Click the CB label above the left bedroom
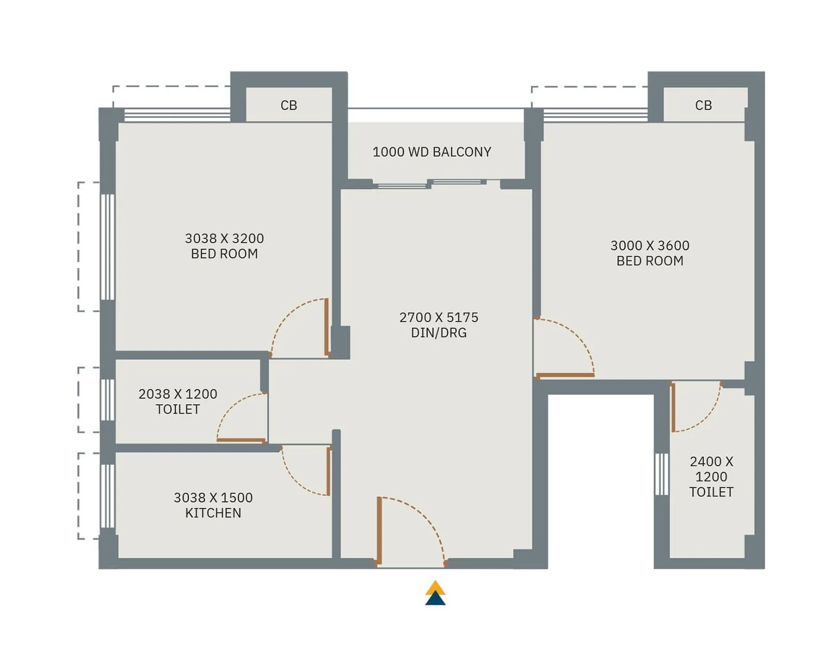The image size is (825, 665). click(289, 105)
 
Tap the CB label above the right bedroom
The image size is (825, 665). click(703, 105)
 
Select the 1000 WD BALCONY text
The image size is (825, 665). click(432, 152)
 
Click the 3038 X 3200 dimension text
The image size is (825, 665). click(224, 238)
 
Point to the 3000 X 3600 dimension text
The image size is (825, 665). click(650, 245)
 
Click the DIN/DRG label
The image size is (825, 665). click(439, 333)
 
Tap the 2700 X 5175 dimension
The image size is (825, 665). click(439, 318)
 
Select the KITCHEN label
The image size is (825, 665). click(213, 513)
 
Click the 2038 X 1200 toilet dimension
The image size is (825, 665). click(178, 394)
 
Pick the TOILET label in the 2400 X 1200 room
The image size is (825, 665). click(711, 492)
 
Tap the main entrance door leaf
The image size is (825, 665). click(379, 530)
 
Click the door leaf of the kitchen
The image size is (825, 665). click(328, 471)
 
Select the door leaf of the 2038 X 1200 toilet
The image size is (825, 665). click(241, 440)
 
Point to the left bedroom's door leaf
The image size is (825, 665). click(326, 327)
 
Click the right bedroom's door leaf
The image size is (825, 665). click(565, 375)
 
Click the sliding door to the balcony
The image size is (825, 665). click(431, 184)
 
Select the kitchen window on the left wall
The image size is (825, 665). click(107, 496)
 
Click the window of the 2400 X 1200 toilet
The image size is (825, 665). click(662, 474)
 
